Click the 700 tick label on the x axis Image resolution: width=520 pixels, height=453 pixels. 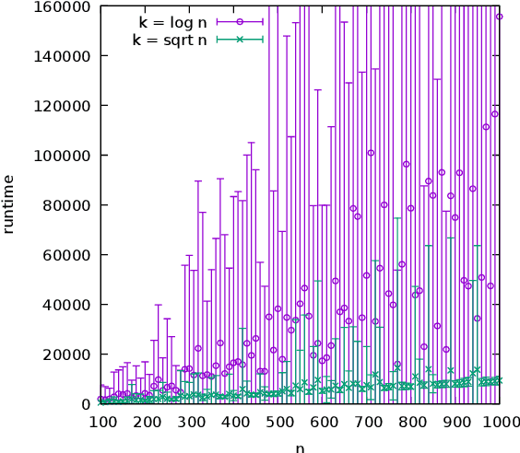click(369, 422)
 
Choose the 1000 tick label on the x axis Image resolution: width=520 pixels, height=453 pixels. click(501, 422)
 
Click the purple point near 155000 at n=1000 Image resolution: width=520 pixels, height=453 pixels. click(499, 17)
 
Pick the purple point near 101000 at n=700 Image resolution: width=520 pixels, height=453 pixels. click(371, 153)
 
